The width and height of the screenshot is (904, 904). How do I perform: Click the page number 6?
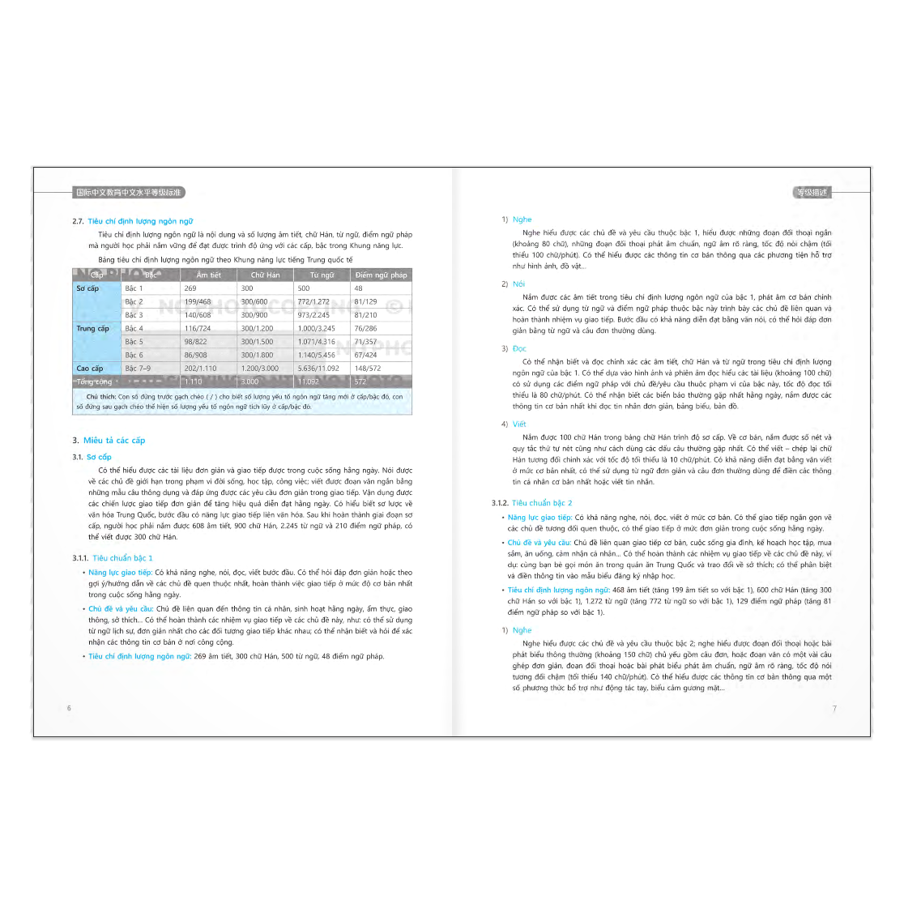(69, 708)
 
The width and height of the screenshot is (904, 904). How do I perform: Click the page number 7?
(834, 709)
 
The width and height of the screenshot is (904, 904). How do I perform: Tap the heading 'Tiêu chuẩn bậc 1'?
(122, 558)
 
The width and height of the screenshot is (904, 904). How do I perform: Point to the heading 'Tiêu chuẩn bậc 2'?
(541, 503)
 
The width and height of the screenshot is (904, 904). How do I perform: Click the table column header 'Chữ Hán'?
(265, 275)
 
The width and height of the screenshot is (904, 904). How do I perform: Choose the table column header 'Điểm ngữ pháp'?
(381, 275)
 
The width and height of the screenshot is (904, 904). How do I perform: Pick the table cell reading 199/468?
(197, 302)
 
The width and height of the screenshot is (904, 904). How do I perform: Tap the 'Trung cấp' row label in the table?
(92, 329)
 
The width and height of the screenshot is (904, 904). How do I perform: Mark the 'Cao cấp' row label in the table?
(90, 369)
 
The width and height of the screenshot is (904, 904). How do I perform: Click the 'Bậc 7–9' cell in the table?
(138, 369)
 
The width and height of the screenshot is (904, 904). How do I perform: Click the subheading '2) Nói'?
(518, 284)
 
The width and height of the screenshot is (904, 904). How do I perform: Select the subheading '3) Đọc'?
(518, 349)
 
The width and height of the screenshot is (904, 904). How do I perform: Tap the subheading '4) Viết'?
(518, 424)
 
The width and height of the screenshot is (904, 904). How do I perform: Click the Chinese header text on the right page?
(811, 193)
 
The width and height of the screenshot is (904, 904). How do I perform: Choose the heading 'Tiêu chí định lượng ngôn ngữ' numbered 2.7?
(140, 221)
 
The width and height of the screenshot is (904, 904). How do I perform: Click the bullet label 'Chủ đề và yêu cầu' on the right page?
(539, 543)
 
